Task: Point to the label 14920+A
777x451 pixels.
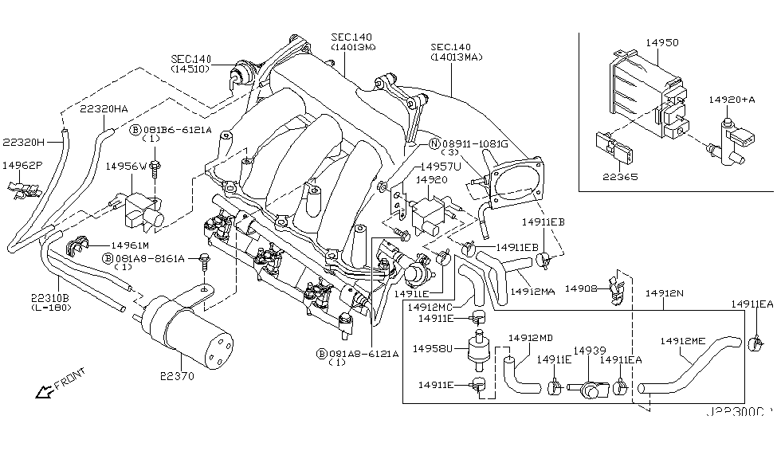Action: click(x=731, y=100)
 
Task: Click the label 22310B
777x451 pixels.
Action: click(x=51, y=296)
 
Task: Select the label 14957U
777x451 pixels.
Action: click(x=440, y=166)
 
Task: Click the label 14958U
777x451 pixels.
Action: click(x=433, y=347)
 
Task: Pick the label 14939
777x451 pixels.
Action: click(x=590, y=351)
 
